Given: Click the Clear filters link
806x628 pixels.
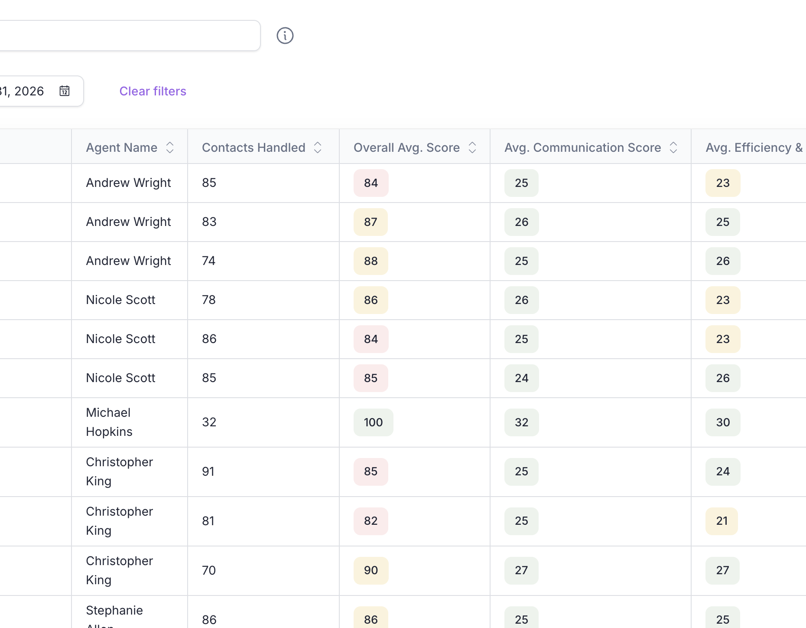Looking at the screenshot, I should tap(153, 91).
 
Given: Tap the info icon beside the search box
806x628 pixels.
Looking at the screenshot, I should tap(285, 36).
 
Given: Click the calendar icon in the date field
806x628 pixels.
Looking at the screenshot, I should tap(65, 91).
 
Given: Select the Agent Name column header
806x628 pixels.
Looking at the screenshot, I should tap(122, 147).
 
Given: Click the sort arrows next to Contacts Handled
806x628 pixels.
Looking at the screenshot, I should tap(318, 147).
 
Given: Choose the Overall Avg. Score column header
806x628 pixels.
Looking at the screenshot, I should tap(406, 147).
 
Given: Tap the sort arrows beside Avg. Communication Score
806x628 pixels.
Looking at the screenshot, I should tap(673, 147).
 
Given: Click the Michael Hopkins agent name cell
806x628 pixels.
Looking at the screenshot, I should tap(109, 422).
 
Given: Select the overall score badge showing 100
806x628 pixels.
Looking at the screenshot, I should tap(373, 422).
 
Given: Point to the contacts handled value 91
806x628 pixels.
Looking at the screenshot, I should tap(208, 471).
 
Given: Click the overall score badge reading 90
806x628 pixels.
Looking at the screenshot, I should tap(371, 570).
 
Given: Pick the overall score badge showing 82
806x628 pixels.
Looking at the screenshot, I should tap(371, 521).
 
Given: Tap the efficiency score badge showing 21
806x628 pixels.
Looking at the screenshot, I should tap(722, 521).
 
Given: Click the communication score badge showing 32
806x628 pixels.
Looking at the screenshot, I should tap(521, 422).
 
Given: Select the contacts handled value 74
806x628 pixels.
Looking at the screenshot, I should tap(208, 261).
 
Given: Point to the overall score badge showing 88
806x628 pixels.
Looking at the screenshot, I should tap(371, 261).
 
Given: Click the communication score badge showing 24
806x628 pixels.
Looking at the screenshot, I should tap(521, 378).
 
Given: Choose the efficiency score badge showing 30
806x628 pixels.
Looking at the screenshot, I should tap(723, 422).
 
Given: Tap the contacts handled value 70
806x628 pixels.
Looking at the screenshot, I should tap(209, 570).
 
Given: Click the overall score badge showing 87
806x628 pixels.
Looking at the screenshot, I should tap(370, 222).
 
